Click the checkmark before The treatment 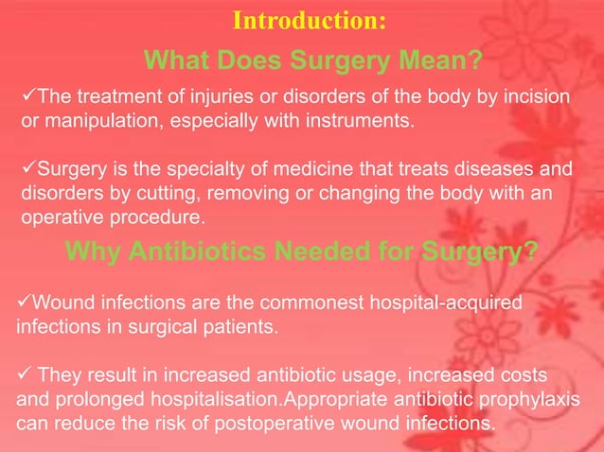click(27, 97)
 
